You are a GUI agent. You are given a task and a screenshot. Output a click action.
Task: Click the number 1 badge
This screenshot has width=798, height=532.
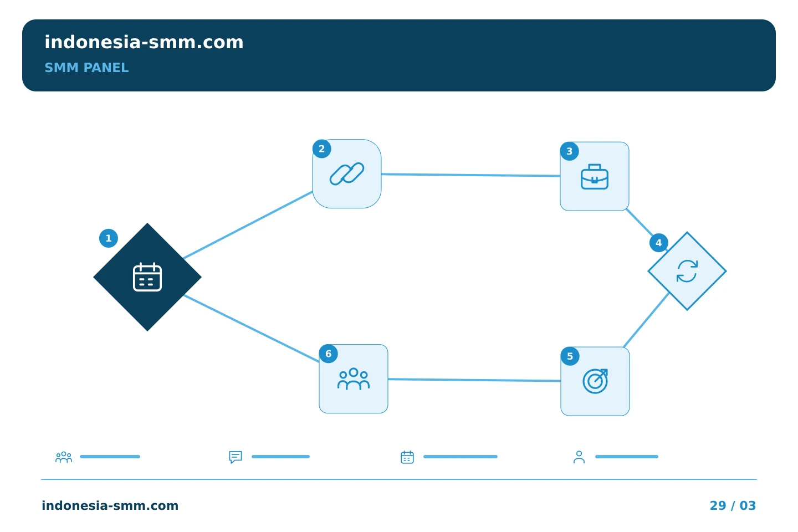109,238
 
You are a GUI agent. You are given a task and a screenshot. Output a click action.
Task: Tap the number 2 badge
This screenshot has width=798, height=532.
321,149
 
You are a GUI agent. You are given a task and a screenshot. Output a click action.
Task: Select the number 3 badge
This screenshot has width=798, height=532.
569,151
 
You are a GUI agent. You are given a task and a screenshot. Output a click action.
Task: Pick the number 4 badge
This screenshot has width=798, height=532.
659,243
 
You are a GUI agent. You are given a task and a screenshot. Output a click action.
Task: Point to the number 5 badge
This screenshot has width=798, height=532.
570,356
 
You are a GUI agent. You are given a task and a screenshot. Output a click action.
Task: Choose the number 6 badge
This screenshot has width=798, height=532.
329,354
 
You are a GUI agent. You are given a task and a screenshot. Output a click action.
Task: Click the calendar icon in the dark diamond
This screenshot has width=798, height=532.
147,277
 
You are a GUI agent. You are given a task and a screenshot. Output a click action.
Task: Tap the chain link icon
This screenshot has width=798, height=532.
347,174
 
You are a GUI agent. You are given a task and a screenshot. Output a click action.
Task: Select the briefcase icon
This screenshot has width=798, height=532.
595,177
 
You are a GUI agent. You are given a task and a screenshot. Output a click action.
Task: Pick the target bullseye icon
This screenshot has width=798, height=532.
595,381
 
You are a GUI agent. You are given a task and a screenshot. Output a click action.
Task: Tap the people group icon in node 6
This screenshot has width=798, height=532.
354,379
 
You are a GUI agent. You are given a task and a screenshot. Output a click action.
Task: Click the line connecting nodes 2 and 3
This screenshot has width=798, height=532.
470,175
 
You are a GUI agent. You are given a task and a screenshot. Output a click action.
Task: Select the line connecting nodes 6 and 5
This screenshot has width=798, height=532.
474,380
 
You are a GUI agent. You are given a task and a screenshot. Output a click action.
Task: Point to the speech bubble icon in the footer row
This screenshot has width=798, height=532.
236,457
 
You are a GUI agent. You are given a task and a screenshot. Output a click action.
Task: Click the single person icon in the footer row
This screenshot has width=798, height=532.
579,457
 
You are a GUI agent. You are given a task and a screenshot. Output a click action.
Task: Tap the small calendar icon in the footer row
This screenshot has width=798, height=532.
407,457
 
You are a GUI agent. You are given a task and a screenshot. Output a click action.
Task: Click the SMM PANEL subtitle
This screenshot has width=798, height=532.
86,68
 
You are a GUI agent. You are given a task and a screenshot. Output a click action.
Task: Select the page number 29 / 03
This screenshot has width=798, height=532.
733,505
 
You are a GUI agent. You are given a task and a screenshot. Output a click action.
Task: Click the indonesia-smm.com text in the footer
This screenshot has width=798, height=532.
110,505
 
